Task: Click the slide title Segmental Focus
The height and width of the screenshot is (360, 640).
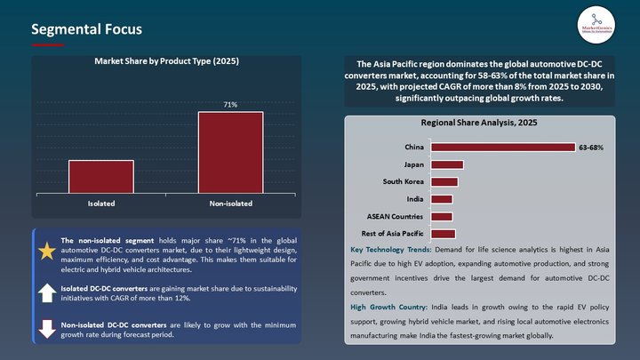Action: [86, 29]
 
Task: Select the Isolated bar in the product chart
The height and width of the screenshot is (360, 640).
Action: [100, 173]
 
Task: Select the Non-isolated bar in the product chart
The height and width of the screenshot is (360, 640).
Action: [230, 149]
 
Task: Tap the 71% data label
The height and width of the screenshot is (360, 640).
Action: [230, 105]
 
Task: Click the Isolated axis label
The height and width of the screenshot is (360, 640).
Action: [100, 204]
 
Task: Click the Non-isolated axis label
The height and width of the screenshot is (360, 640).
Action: [230, 204]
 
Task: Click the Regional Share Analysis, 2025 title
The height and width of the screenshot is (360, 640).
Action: [480, 124]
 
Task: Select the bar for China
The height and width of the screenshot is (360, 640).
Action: [502, 147]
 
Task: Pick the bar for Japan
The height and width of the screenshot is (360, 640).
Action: [446, 164]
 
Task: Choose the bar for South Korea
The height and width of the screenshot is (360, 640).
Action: [444, 181]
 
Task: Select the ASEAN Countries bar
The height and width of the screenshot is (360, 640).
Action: [441, 216]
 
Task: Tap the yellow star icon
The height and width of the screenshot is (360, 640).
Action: [46, 252]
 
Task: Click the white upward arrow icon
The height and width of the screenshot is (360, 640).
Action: [46, 292]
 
